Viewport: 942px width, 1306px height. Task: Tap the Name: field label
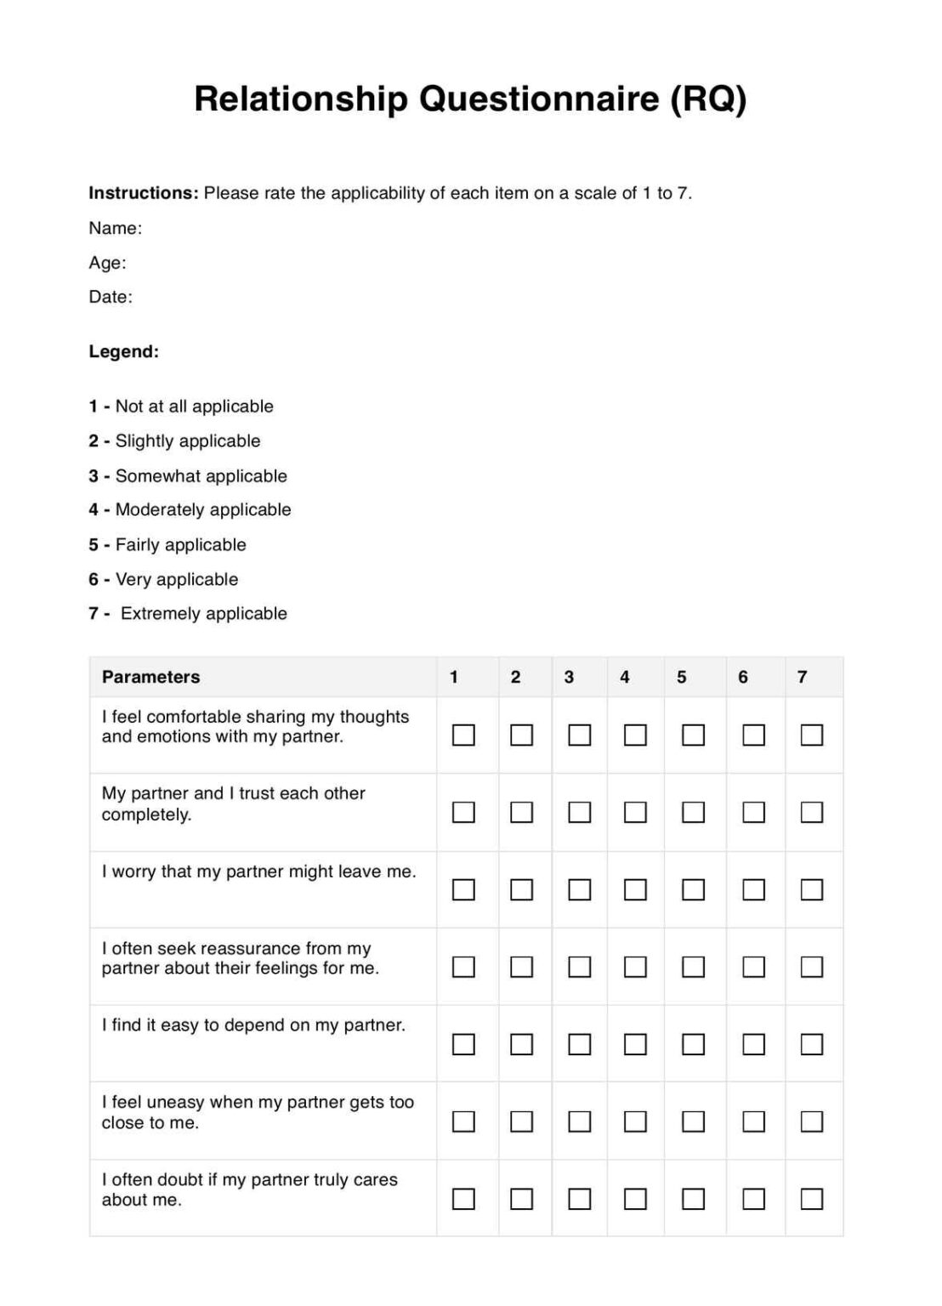click(115, 228)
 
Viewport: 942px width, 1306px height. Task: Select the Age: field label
click(107, 263)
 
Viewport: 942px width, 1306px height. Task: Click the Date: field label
click(111, 297)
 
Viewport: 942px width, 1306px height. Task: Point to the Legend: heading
click(123, 351)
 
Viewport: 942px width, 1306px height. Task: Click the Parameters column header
click(150, 677)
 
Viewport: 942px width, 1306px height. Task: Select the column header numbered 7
click(802, 677)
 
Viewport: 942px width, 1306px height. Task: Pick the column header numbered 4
click(625, 677)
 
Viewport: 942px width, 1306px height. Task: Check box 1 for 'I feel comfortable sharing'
click(463, 735)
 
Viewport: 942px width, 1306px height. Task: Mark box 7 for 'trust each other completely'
click(812, 812)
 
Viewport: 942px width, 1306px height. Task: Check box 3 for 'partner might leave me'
click(579, 889)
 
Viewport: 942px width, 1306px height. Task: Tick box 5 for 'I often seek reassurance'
click(694, 967)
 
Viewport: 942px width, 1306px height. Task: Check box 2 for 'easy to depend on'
click(521, 1044)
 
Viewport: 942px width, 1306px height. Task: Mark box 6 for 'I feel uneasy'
click(753, 1121)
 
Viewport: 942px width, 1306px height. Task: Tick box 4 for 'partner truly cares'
click(635, 1199)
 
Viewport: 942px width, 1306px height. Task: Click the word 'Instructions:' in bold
click(143, 193)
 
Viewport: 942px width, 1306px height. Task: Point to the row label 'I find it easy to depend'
click(253, 1025)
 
